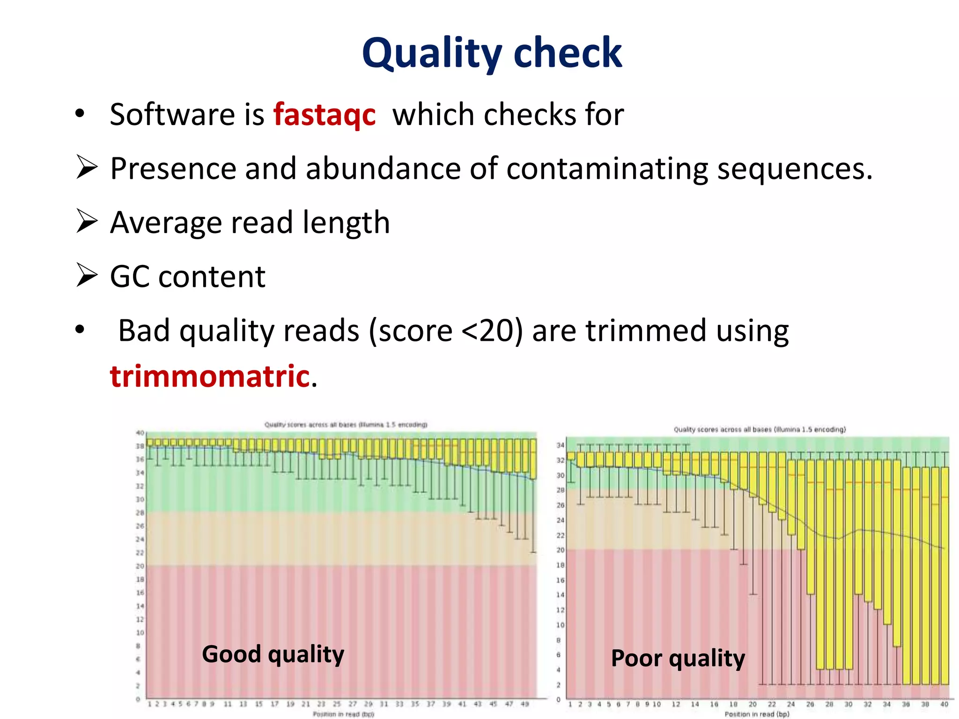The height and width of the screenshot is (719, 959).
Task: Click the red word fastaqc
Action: (x=325, y=115)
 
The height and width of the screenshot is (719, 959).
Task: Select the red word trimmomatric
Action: (x=210, y=376)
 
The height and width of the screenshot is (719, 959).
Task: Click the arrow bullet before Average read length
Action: (x=87, y=221)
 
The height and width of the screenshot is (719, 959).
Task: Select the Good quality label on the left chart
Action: (x=273, y=654)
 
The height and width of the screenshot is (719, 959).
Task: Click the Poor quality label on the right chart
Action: (x=678, y=658)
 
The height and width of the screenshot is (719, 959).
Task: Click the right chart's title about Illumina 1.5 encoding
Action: (x=760, y=429)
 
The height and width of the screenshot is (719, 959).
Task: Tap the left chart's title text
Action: (x=346, y=425)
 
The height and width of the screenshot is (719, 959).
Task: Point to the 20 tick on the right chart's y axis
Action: (x=560, y=550)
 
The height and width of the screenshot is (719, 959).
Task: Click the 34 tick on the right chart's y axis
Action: (x=560, y=445)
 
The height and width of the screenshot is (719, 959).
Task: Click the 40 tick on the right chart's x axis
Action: (x=944, y=704)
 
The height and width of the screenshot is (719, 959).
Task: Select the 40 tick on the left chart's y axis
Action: (x=140, y=433)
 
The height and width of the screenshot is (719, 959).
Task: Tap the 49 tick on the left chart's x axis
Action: (x=525, y=704)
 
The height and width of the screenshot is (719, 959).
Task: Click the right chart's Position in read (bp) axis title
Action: (x=757, y=714)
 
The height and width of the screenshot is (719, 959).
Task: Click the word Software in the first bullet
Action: (x=172, y=115)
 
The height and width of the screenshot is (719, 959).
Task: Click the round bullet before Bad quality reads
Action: (x=80, y=330)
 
